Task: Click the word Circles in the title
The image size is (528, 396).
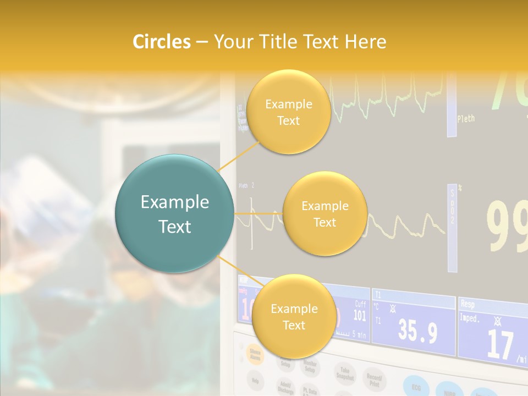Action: [x=162, y=42]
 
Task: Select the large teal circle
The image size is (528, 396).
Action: [x=174, y=213]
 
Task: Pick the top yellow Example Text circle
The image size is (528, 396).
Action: [x=288, y=112]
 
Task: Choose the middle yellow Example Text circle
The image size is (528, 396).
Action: [x=324, y=213]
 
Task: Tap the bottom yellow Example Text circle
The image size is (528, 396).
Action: [x=294, y=316]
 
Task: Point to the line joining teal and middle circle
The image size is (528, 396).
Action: [x=258, y=213]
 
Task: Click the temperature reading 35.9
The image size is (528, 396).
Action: [x=418, y=331]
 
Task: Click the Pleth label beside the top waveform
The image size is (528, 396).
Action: [x=465, y=118]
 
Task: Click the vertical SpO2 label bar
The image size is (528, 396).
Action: [x=452, y=228]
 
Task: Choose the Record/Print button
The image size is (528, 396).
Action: [x=375, y=380]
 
